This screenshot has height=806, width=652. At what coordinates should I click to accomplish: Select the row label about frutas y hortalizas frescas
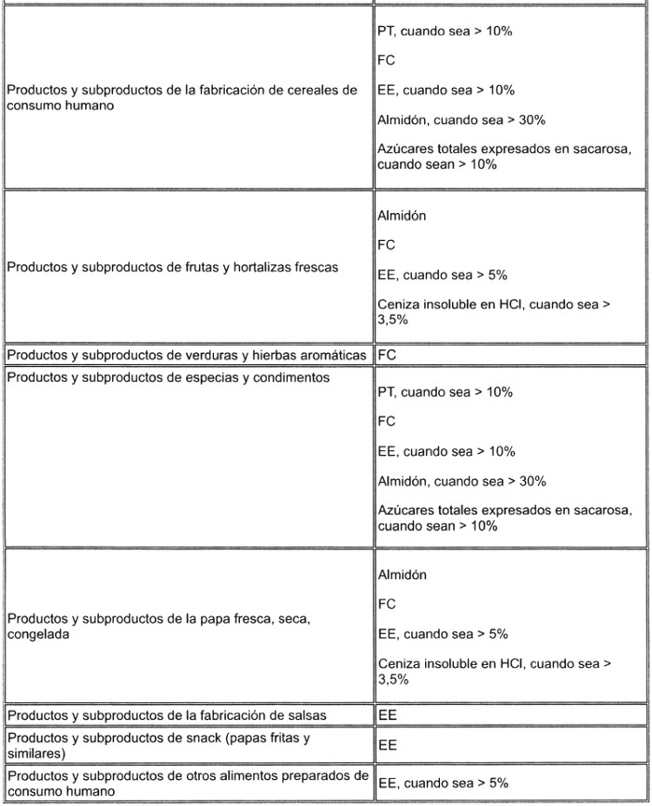(x=173, y=267)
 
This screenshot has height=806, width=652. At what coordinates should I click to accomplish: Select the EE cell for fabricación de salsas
(x=387, y=715)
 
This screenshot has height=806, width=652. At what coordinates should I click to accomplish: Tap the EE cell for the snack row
(x=387, y=745)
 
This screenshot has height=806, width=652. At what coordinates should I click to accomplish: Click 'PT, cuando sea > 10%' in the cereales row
(x=445, y=31)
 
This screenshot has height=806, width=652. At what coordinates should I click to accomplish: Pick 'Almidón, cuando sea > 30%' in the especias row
(x=461, y=481)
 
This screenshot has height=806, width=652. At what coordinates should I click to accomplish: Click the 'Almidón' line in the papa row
(x=403, y=574)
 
